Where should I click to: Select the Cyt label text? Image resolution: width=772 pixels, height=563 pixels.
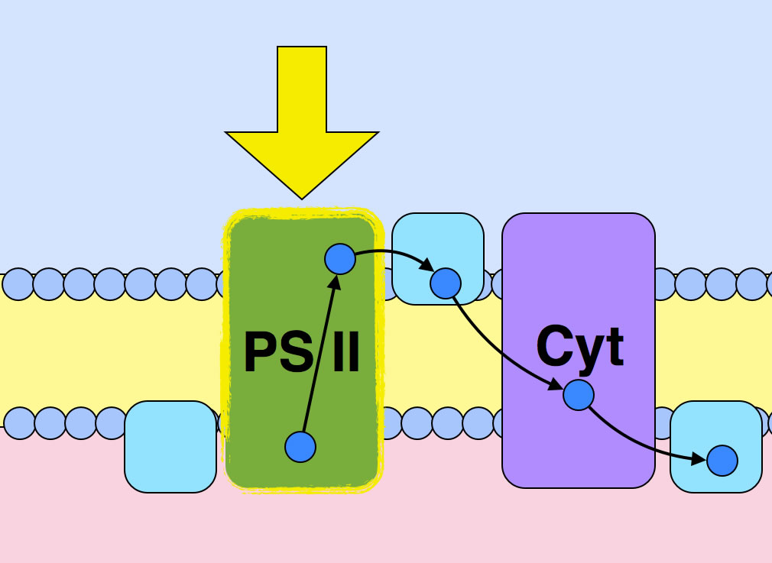click(x=579, y=347)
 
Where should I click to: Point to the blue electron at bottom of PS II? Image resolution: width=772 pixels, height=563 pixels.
click(x=300, y=447)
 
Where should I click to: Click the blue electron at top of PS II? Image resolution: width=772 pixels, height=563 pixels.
click(x=340, y=260)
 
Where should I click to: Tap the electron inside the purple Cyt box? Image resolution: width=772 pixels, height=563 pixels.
click(x=579, y=395)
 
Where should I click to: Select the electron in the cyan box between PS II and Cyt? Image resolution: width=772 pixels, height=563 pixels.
click(x=445, y=283)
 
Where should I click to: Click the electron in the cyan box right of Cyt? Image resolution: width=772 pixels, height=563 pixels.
click(x=722, y=461)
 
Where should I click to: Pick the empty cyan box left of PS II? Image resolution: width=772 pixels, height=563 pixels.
click(x=170, y=447)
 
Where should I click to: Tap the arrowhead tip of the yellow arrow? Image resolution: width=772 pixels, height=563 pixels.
click(x=302, y=197)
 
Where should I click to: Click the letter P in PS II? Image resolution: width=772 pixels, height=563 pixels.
click(x=260, y=353)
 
